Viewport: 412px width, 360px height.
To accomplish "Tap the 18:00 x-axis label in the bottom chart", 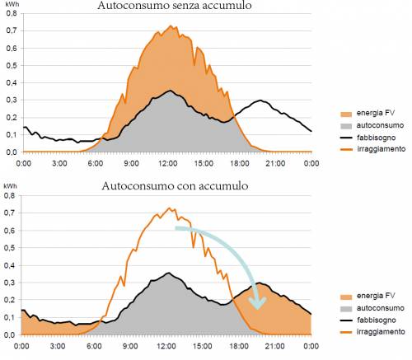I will [228, 347].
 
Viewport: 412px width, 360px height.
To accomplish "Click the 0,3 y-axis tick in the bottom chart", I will [9, 282].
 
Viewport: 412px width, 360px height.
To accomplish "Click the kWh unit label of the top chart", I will [11, 5].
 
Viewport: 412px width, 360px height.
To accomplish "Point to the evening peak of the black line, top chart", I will [260, 101].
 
